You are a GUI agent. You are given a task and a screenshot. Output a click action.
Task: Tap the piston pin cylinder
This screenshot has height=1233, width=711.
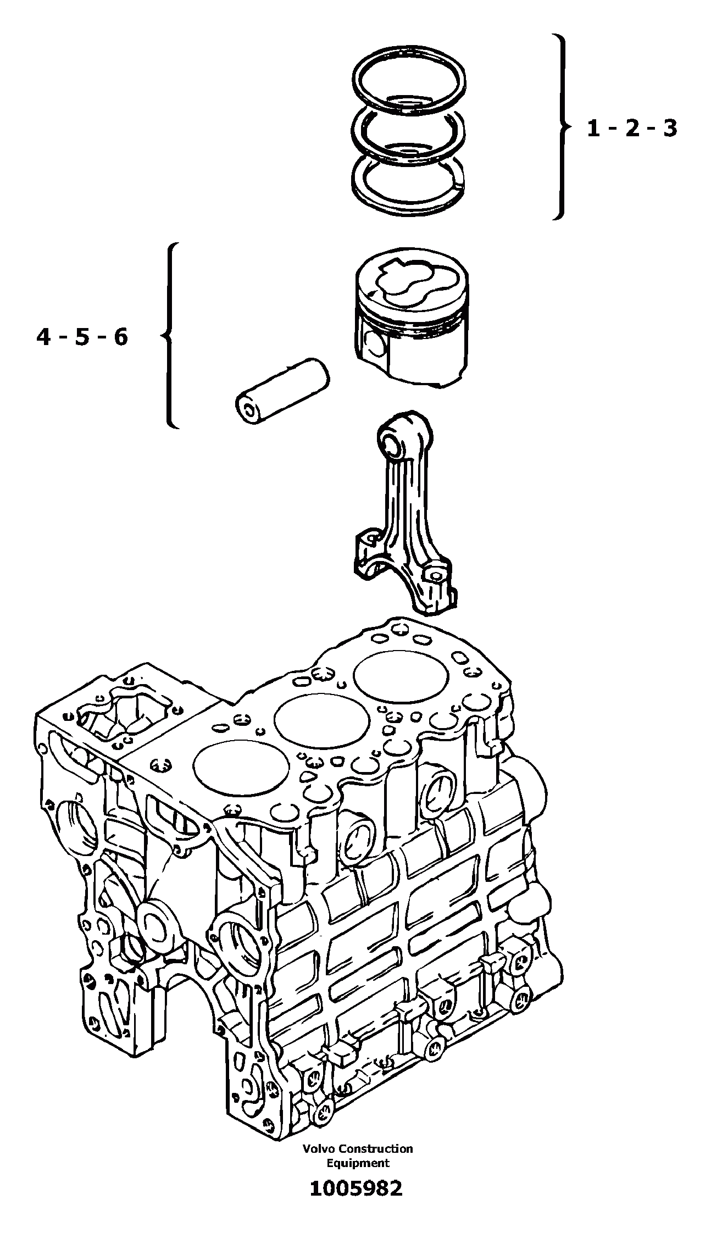281,391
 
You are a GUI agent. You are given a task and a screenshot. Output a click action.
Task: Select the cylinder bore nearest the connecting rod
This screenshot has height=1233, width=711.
387,676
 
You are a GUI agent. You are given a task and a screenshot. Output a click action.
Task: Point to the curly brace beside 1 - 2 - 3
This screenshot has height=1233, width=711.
560,127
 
